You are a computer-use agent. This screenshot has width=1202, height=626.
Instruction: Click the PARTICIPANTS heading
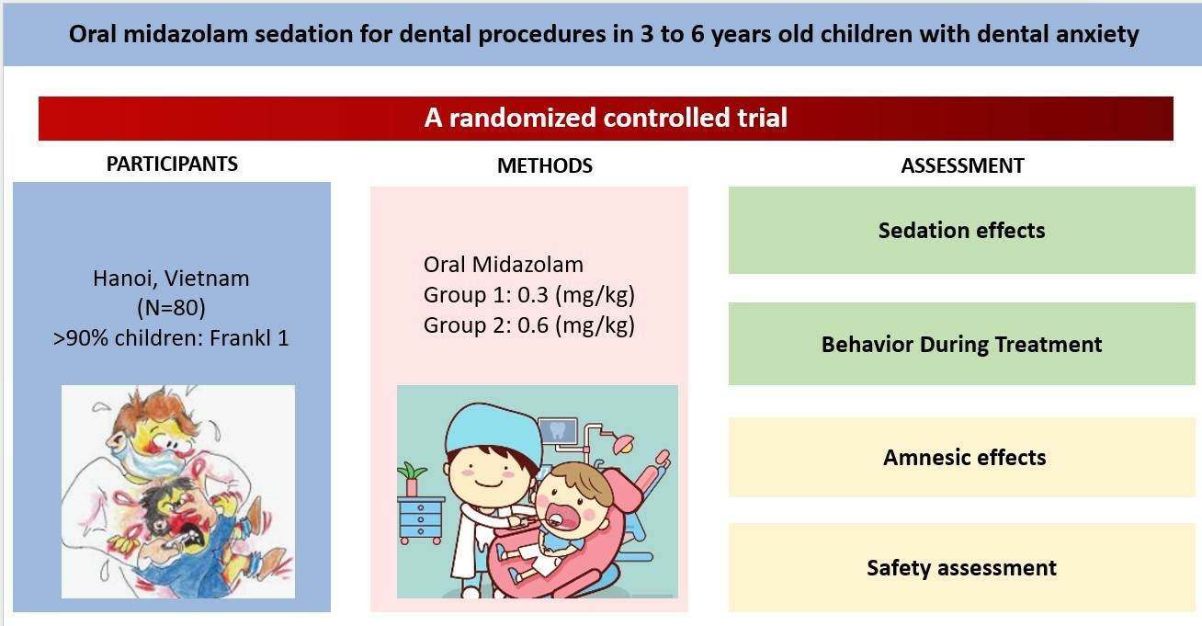172,164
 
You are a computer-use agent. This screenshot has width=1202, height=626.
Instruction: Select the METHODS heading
545,165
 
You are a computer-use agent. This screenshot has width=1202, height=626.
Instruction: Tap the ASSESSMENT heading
962,165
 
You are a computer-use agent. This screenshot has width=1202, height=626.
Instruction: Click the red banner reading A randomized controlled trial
606,118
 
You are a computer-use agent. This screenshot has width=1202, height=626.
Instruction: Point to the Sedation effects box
961,231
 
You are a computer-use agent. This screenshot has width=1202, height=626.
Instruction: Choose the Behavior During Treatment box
961,344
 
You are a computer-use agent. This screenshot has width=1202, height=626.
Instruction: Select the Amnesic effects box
961,457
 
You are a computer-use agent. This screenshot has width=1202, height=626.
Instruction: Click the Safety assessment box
961,567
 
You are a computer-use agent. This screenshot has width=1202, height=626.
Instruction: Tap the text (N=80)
171,308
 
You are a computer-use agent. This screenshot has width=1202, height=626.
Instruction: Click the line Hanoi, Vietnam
171,279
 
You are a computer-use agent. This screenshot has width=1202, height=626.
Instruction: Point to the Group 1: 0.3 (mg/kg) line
529,295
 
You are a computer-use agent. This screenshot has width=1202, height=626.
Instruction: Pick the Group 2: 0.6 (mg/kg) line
529,324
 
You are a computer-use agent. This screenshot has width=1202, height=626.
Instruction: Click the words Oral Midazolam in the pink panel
504,264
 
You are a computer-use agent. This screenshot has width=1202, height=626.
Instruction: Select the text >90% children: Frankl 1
171,337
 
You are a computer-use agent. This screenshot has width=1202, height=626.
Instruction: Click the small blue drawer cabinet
421,519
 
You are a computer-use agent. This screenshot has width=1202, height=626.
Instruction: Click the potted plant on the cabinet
412,479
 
